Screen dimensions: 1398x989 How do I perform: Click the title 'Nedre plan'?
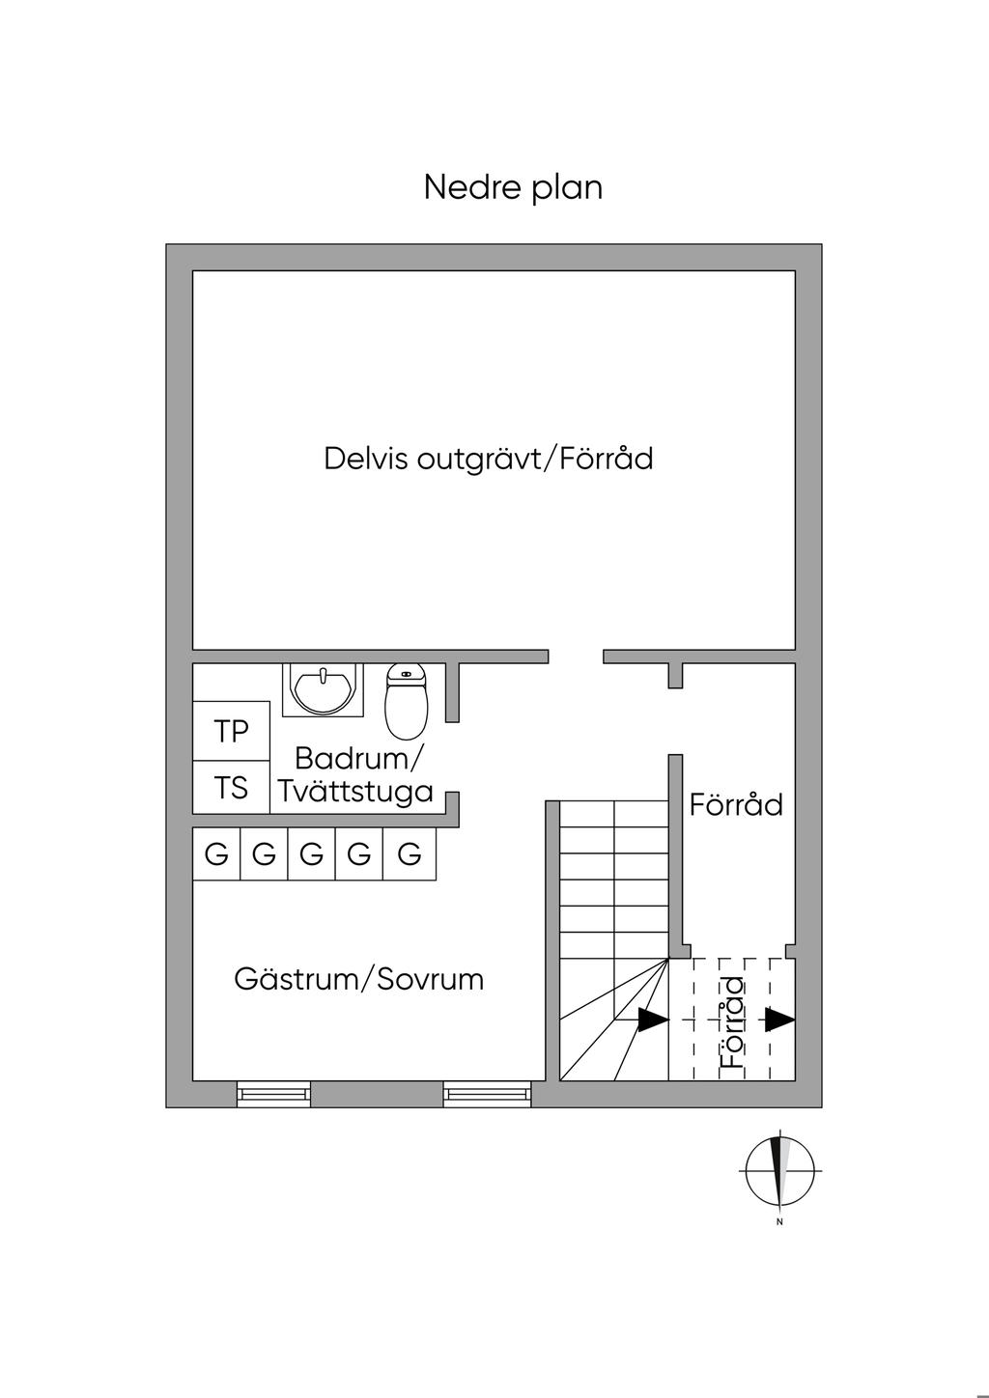[513, 187]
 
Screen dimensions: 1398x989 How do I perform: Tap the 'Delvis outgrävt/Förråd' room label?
[489, 458]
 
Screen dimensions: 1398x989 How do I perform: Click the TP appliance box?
[231, 731]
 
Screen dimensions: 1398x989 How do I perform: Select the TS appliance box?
[231, 788]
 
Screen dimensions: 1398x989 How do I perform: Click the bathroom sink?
[324, 689]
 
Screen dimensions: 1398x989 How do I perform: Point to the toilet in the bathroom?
[406, 699]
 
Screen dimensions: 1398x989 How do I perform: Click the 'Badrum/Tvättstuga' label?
[356, 775]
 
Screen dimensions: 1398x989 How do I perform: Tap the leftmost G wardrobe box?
[216, 853]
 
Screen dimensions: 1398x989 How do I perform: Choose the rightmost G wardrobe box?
[410, 853]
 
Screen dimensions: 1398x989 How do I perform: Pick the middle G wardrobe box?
[311, 853]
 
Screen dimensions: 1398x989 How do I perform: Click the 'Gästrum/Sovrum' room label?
[358, 979]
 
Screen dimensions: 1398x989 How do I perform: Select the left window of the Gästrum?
[274, 1093]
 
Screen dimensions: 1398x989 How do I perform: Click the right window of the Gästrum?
[488, 1093]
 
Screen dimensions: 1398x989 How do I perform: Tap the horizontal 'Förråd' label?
[736, 804]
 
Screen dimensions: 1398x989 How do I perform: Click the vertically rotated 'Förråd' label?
[734, 1022]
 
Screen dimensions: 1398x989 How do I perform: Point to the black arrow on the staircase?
[652, 1019]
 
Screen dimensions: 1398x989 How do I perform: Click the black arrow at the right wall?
[779, 1019]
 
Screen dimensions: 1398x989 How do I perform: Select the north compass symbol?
[780, 1168]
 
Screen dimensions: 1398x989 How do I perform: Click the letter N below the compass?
[779, 1222]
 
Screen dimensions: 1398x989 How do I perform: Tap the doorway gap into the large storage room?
[576, 657]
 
